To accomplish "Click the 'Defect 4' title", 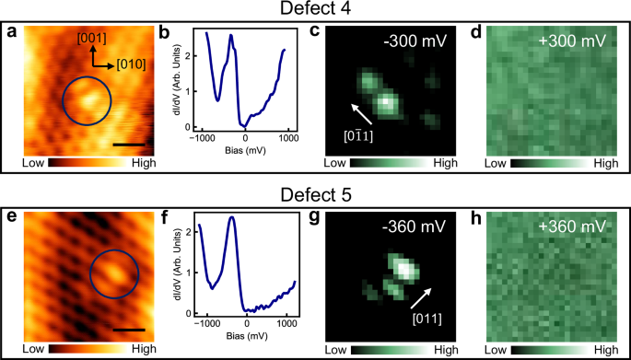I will click(x=315, y=10).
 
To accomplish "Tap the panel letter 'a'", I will click(x=13, y=33).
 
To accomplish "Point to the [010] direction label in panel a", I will click(x=126, y=65).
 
